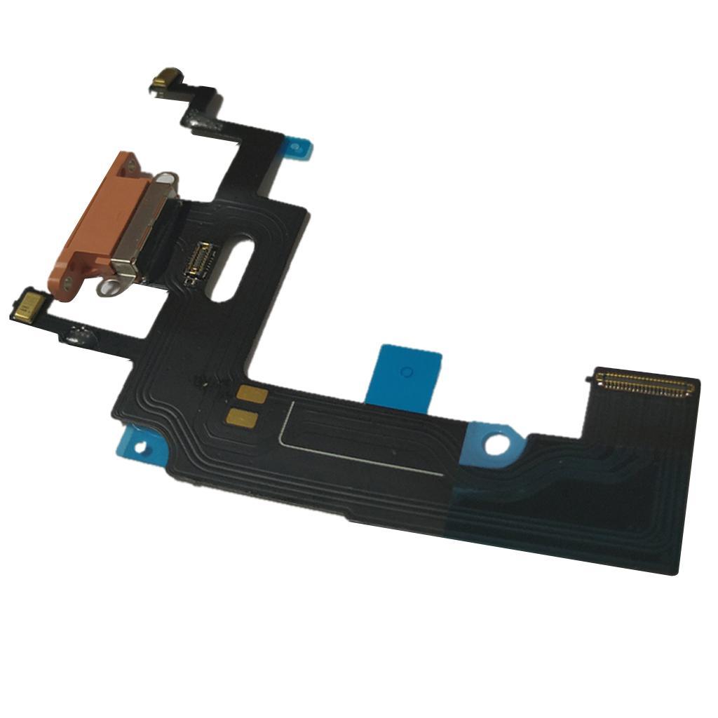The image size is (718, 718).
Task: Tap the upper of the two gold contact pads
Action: [251, 395]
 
